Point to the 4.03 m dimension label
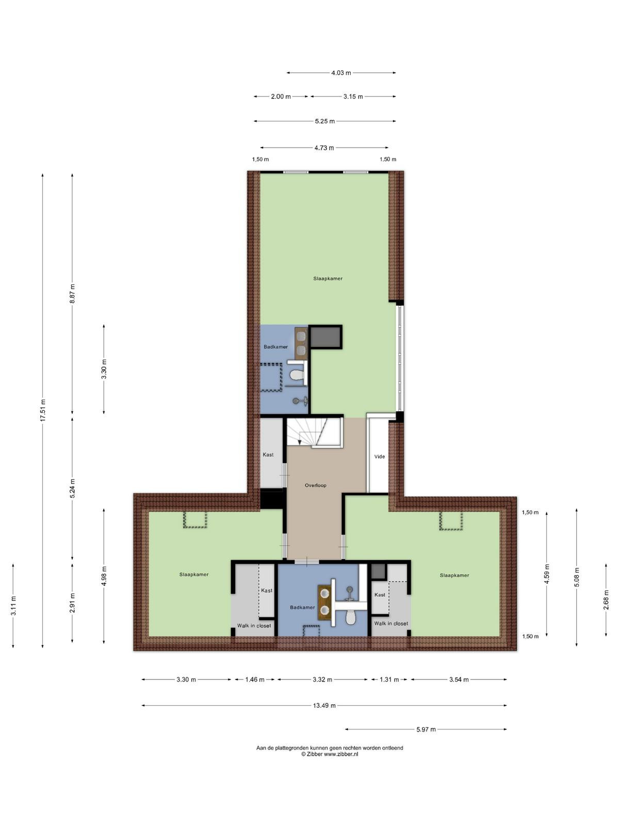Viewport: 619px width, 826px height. [x=341, y=73]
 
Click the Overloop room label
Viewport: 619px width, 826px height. [x=315, y=485]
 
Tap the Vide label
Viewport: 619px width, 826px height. [x=379, y=456]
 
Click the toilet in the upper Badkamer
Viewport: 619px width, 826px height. [x=297, y=375]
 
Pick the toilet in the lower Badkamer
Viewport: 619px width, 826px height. [x=350, y=617]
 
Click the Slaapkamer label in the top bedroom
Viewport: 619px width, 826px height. [x=328, y=278]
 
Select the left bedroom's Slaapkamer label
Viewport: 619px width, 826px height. [x=193, y=574]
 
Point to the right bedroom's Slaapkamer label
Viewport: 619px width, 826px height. [x=454, y=575]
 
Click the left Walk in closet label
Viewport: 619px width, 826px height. [x=254, y=626]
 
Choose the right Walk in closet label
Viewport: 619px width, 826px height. [x=391, y=624]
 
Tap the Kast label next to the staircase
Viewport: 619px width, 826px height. [x=268, y=455]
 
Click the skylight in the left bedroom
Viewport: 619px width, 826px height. [x=195, y=520]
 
